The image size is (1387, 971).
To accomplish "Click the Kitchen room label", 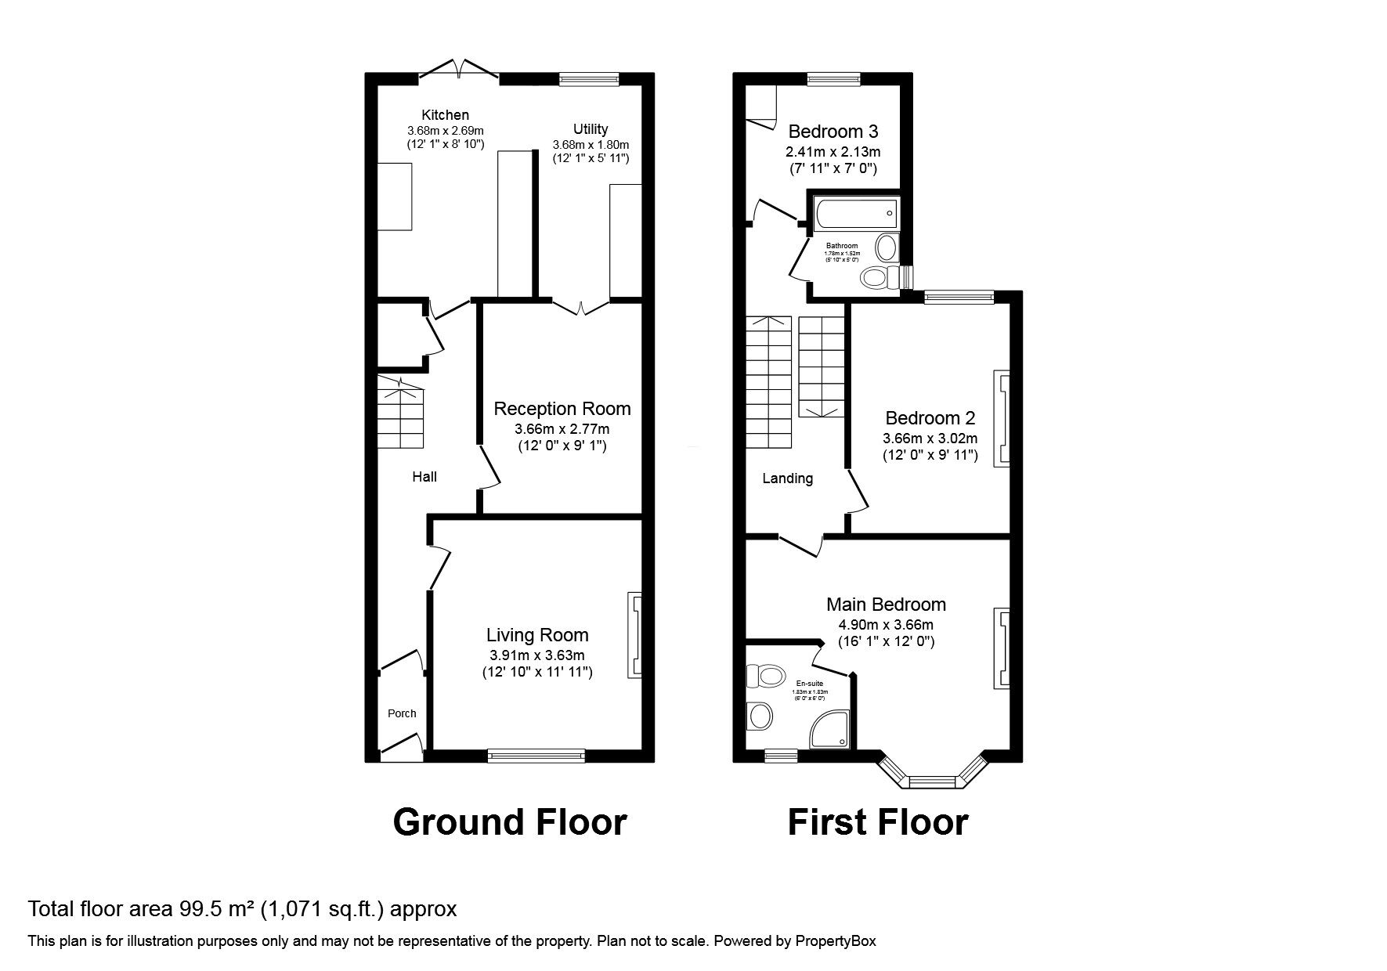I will [445, 115].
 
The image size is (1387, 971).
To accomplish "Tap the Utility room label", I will [590, 129].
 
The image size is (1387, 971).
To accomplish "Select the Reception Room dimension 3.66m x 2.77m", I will [562, 429].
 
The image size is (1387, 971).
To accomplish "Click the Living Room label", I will [536, 635].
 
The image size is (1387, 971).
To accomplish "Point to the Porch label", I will [402, 713].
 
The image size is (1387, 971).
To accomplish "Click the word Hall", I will [424, 476].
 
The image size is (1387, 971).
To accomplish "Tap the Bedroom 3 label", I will [833, 131].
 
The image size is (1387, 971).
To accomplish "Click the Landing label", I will [787, 478].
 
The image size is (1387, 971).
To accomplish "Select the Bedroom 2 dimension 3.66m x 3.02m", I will [930, 439].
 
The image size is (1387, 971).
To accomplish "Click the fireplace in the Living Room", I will [634, 635].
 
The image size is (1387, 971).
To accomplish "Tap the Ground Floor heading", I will [509, 822].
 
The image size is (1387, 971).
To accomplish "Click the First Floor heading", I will [877, 822].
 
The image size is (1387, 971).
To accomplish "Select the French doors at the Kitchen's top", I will [459, 70].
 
